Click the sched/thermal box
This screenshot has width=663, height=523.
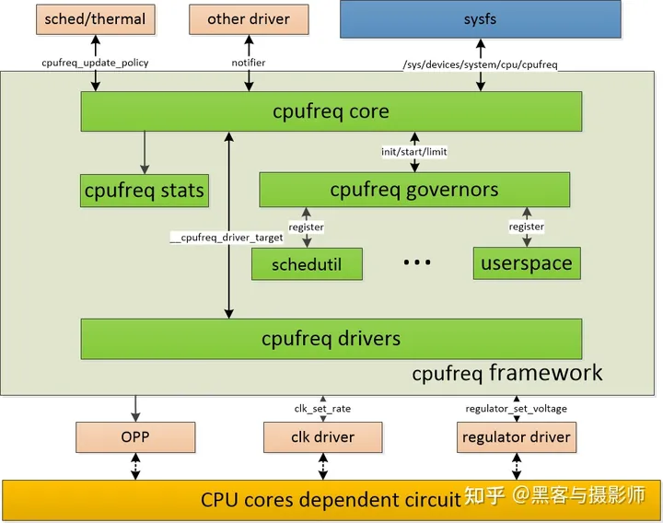pos(95,19)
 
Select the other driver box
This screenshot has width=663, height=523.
pos(248,19)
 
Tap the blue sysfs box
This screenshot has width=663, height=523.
pos(479,19)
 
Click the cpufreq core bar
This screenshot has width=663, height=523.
pos(331,111)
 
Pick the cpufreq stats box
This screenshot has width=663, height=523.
pos(144,191)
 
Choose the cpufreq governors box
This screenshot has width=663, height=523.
pos(414,190)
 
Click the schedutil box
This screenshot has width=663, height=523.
pos(307,264)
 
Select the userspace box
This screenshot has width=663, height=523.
pos(527,263)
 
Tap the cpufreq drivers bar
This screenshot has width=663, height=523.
pos(331,338)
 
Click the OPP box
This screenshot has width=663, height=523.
pos(136,436)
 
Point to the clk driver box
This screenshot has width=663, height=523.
pos(322,436)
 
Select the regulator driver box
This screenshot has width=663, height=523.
pos(517,436)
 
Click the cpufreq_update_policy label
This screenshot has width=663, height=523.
pos(95,63)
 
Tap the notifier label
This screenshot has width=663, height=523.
pos(249,63)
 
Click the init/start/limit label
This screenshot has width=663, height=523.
pos(414,151)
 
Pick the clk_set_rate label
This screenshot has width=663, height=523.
pos(322,408)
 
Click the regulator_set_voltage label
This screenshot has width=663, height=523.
pos(517,408)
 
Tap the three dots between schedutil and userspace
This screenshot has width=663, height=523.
pos(417,263)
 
